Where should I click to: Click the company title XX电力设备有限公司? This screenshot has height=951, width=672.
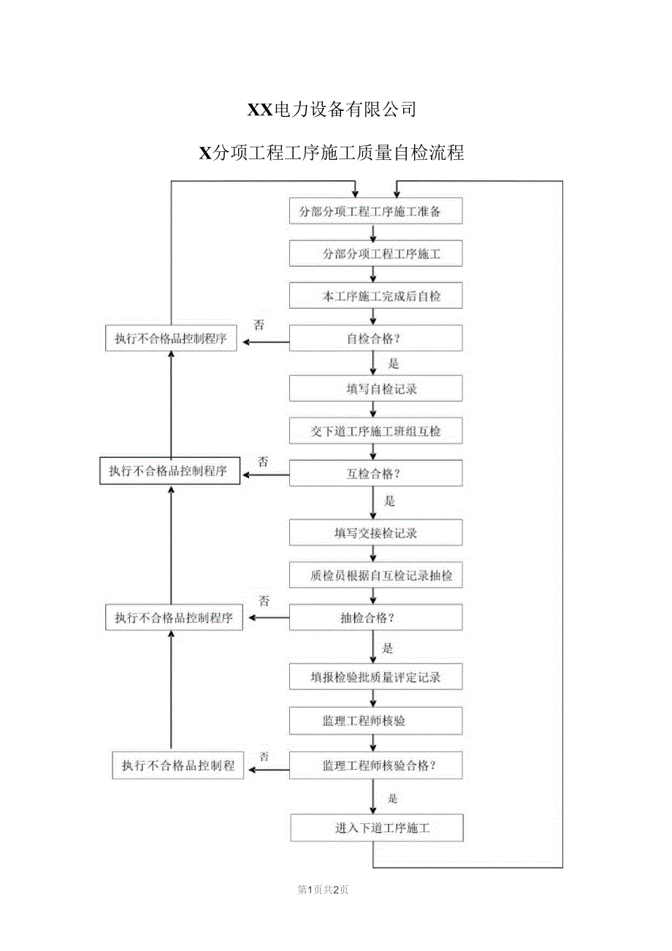pyautogui.click(x=332, y=110)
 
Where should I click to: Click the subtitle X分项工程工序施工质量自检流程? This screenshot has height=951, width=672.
pyautogui.click(x=332, y=153)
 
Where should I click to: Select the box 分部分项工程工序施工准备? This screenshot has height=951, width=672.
pyautogui.click(x=375, y=212)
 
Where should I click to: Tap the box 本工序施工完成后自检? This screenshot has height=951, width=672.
pyautogui.click(x=375, y=297)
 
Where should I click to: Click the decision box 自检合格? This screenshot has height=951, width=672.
pyautogui.click(x=375, y=339)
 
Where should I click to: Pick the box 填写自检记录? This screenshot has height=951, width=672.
pyautogui.click(x=375, y=389)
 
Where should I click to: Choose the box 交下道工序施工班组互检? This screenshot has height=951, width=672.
pyautogui.click(x=375, y=431)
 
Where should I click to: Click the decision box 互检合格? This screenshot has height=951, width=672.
pyautogui.click(x=375, y=473)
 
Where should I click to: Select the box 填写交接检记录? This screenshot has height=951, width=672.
pyautogui.click(x=375, y=532)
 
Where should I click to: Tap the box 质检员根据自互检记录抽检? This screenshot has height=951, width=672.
pyautogui.click(x=375, y=576)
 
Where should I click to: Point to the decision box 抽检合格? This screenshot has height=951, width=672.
pyautogui.click(x=375, y=618)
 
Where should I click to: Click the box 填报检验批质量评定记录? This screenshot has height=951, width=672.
pyautogui.click(x=375, y=677)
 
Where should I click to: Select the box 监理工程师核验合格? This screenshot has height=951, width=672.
pyautogui.click(x=375, y=765)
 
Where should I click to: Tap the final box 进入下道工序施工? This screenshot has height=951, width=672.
pyautogui.click(x=375, y=828)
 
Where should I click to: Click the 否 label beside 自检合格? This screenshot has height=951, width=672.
pyautogui.click(x=259, y=325)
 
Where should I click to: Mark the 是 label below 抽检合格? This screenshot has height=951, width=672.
pyautogui.click(x=388, y=648)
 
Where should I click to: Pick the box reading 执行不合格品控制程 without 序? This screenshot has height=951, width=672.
pyautogui.click(x=178, y=765)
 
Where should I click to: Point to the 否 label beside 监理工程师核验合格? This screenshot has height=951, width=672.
pyautogui.click(x=264, y=756)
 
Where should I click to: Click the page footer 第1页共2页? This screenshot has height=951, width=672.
pyautogui.click(x=323, y=890)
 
